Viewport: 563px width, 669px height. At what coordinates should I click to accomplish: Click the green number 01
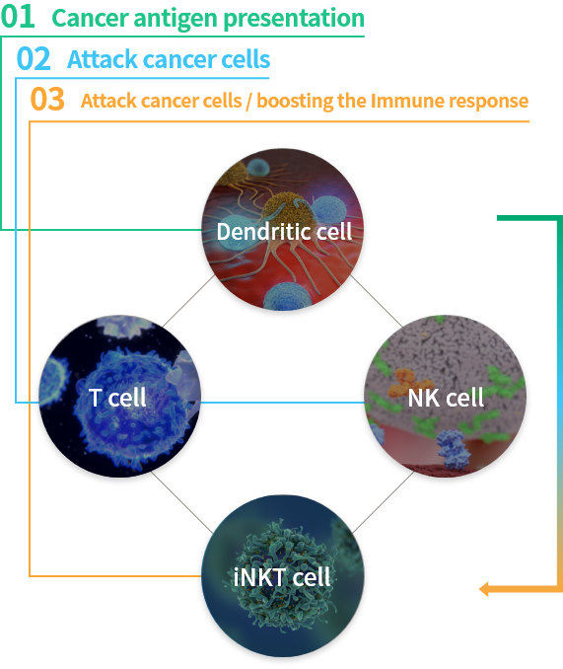click(18, 17)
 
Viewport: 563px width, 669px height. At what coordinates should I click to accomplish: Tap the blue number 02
click(34, 59)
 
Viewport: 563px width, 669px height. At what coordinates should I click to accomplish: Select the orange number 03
click(47, 100)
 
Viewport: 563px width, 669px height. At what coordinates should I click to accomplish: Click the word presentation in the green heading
click(294, 19)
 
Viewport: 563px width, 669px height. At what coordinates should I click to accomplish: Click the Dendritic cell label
click(284, 232)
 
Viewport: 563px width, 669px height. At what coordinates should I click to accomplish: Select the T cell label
click(117, 398)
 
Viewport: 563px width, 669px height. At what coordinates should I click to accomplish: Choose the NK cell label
click(446, 398)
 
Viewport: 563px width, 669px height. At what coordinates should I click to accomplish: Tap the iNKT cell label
click(282, 577)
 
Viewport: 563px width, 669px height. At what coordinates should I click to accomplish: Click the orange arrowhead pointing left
click(484, 589)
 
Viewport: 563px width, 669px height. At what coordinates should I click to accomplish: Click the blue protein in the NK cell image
click(454, 449)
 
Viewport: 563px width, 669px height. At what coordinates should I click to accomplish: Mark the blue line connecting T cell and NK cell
click(283, 403)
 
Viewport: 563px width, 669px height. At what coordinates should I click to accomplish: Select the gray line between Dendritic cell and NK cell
click(376, 301)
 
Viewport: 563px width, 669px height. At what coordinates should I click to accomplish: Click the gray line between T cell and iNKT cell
click(182, 503)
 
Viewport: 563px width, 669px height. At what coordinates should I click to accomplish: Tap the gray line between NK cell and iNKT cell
click(384, 501)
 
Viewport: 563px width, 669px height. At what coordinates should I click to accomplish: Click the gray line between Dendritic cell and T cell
click(188, 301)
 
